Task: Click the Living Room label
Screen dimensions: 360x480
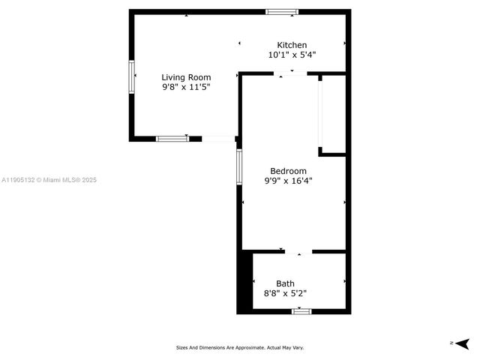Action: point(186,77)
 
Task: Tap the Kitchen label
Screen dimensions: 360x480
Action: point(292,45)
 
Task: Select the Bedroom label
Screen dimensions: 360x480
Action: point(288,170)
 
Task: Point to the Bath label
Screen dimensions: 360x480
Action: point(285,283)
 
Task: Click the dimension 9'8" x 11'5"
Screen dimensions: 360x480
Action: point(186,87)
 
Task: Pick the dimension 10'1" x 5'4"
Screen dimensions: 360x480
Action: point(292,55)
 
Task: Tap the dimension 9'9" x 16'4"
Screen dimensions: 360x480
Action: point(288,180)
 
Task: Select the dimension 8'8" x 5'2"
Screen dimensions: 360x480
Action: point(285,293)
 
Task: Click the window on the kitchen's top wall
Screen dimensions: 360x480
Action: point(282,12)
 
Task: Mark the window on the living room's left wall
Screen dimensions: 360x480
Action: point(132,76)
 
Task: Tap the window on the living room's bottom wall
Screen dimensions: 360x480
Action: point(172,139)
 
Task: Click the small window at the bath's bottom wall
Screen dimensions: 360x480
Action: point(301,310)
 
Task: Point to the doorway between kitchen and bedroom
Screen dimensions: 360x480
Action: point(291,73)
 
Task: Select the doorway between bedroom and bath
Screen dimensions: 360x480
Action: point(298,251)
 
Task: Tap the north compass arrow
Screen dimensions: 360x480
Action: point(461,343)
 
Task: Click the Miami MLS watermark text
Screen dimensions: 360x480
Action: point(49,180)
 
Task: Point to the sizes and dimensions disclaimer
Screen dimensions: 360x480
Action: point(240,347)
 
